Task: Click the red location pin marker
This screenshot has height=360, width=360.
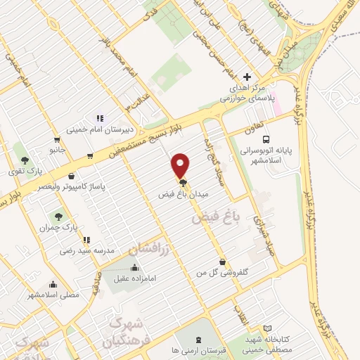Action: tap(181, 165)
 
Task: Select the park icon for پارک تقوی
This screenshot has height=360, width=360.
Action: tap(25, 160)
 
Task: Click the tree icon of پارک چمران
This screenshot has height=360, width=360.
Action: tap(58, 217)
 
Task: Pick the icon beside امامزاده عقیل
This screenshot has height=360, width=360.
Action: tap(134, 267)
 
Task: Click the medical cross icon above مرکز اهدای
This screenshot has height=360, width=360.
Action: tap(246, 77)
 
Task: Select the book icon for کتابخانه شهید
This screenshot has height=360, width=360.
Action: tap(266, 328)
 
